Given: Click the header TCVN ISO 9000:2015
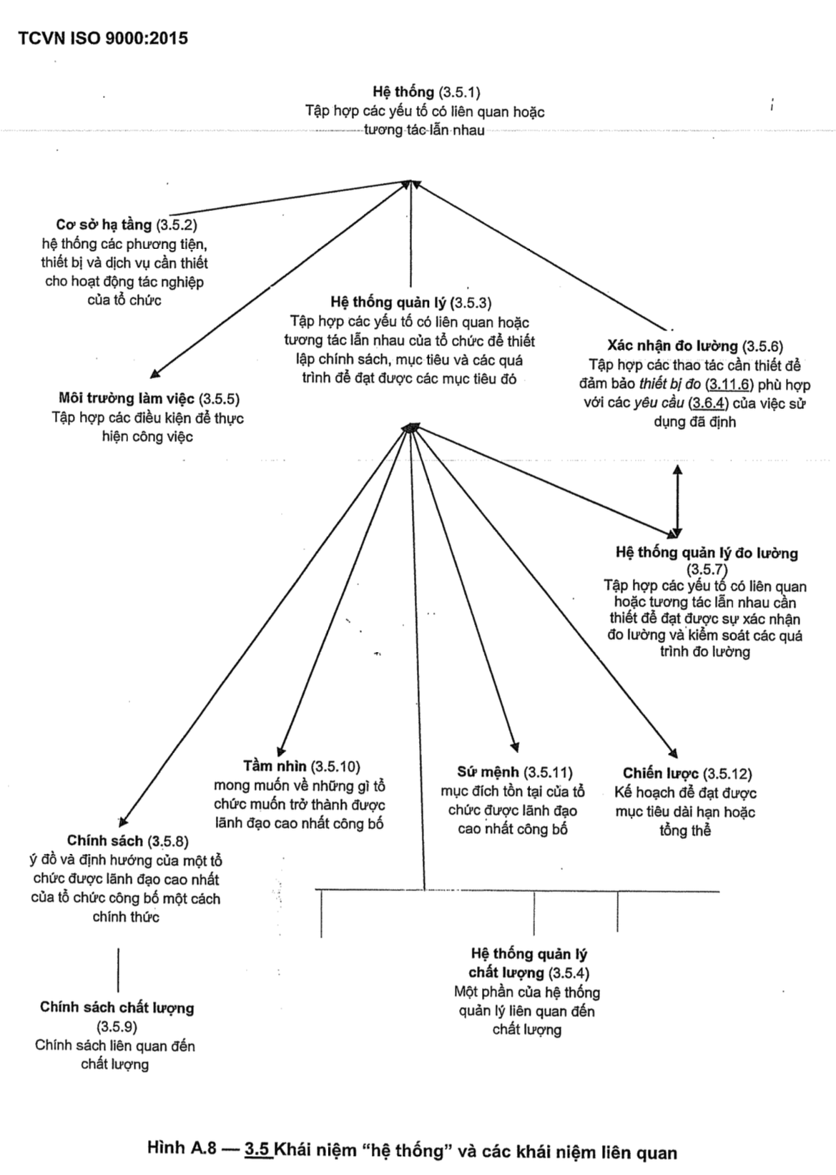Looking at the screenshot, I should (104, 39).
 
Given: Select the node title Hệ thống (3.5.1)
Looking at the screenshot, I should (426, 92).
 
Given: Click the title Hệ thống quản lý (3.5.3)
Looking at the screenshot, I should (411, 303).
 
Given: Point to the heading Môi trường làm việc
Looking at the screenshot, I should (149, 398).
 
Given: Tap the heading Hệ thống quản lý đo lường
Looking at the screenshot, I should (707, 553).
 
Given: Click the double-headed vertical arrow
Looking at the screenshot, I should (677, 501).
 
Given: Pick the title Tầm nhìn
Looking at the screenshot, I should (301, 767).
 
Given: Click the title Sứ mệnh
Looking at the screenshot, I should (515, 772).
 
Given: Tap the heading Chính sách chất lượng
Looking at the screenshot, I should (117, 1008).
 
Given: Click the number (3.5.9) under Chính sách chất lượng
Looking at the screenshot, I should (116, 1027).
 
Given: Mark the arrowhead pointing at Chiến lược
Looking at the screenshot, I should (672, 752).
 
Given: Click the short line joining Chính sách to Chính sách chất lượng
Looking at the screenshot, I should (118, 969).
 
